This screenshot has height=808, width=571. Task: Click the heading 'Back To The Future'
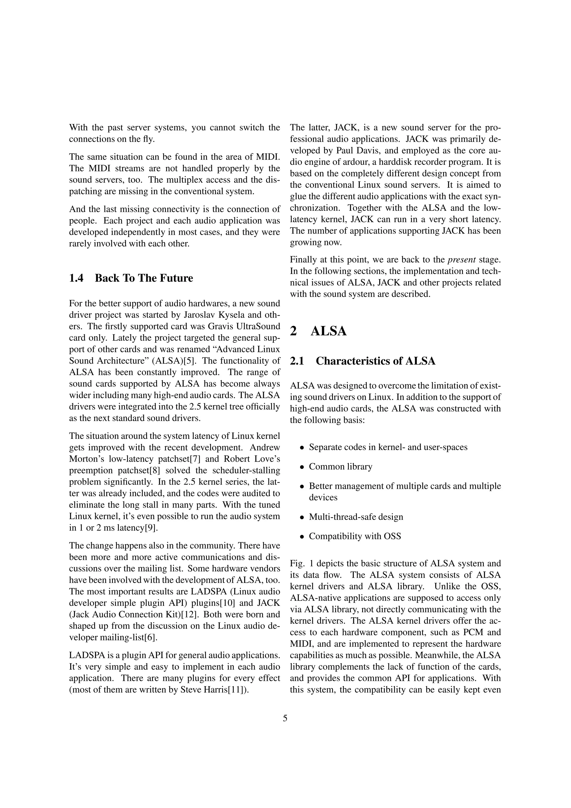coord(144,278)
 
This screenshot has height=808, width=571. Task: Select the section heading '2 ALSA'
coord(318,331)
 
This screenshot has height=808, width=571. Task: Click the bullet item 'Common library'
coord(340,467)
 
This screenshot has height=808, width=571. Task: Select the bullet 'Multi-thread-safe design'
coord(356,517)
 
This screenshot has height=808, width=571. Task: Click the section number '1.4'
coord(76,278)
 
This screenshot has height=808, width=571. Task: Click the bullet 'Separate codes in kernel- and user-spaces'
coord(388,447)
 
